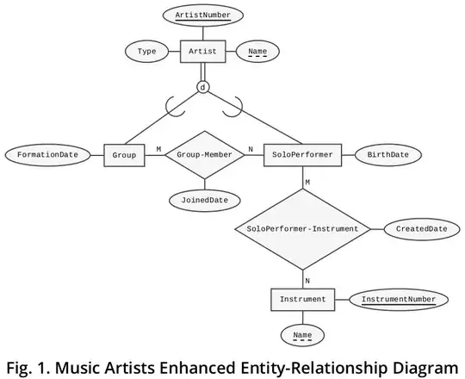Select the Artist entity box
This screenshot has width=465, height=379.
pyautogui.click(x=202, y=52)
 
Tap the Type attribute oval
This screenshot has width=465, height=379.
pyautogui.click(x=146, y=52)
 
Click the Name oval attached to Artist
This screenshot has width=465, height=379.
pyautogui.click(x=257, y=53)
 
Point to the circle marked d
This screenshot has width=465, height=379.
pyautogui.click(x=202, y=88)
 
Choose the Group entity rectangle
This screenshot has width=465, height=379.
pyautogui.click(x=123, y=155)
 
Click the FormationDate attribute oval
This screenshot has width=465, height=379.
pyautogui.click(x=48, y=155)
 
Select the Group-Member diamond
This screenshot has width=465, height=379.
pyautogui.click(x=205, y=155)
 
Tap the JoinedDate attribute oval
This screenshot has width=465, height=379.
pyautogui.click(x=205, y=199)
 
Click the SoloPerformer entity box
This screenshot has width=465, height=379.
pyautogui.click(x=302, y=155)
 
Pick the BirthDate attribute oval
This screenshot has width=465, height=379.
pyautogui.click(x=387, y=155)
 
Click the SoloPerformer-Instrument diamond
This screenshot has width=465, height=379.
pyautogui.click(x=302, y=229)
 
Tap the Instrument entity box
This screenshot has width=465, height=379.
pyautogui.click(x=302, y=300)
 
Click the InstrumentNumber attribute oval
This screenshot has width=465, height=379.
pyautogui.click(x=398, y=300)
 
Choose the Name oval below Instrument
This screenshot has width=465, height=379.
pyautogui.click(x=302, y=336)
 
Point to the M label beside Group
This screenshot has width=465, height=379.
pyautogui.click(x=158, y=149)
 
